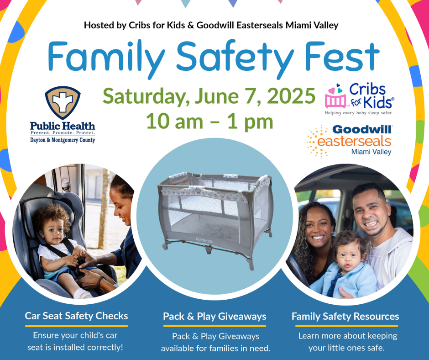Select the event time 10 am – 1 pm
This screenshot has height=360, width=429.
tap(209, 121)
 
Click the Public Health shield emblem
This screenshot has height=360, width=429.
tap(63, 102)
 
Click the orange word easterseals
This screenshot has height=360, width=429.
tap(354, 141)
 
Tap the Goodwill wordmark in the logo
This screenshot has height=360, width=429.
tap(362, 129)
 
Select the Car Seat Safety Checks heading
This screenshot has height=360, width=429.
tap(76, 316)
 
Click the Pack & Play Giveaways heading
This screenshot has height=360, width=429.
tap(214, 317)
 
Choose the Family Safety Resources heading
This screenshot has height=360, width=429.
tap(345, 317)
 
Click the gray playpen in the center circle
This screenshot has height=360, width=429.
tap(215, 217)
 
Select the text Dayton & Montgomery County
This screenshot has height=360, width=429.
tap(63, 140)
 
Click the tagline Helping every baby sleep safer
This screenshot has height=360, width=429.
tap(358, 112)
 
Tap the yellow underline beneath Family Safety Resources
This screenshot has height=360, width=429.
tap(346, 326)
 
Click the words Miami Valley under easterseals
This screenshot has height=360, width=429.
tap(371, 152)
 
